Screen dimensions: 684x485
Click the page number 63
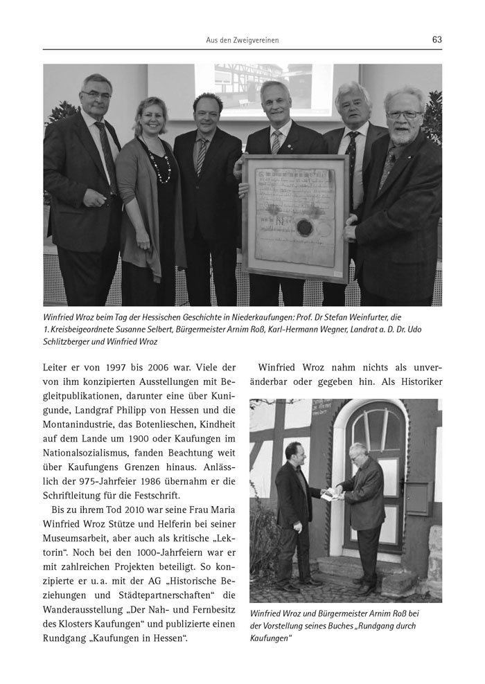(436, 39)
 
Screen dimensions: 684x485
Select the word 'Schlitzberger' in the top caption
(68, 342)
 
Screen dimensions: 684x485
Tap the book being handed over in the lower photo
(330, 493)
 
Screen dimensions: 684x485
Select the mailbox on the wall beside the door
(419, 496)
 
